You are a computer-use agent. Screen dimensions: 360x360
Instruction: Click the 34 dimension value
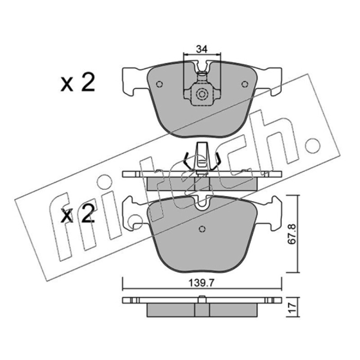click(x=202, y=49)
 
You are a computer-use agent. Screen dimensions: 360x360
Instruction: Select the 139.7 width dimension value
click(x=201, y=283)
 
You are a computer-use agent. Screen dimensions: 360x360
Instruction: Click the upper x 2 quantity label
click(x=77, y=83)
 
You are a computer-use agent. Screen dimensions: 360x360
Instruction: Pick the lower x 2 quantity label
click(x=77, y=214)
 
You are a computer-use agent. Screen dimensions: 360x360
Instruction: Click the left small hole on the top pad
click(x=159, y=84)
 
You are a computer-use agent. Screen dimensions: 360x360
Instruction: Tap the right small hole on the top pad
click(x=245, y=84)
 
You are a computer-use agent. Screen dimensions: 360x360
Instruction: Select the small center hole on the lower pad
click(x=202, y=229)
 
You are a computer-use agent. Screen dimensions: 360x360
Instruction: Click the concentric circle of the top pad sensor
click(x=202, y=94)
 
